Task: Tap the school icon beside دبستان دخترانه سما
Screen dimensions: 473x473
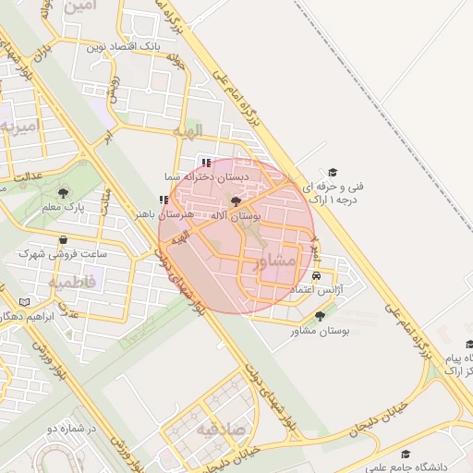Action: point(205,164)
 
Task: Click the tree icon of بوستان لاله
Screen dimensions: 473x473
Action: point(236,200)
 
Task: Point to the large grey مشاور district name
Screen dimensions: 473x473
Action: point(277,261)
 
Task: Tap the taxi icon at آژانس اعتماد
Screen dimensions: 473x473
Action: point(318,276)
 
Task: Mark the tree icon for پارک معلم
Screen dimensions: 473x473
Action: point(63,193)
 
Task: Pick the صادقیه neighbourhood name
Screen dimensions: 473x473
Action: point(218,429)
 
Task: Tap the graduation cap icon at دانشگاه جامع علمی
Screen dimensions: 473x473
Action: point(405,454)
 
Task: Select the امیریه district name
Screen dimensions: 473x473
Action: point(18,125)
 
